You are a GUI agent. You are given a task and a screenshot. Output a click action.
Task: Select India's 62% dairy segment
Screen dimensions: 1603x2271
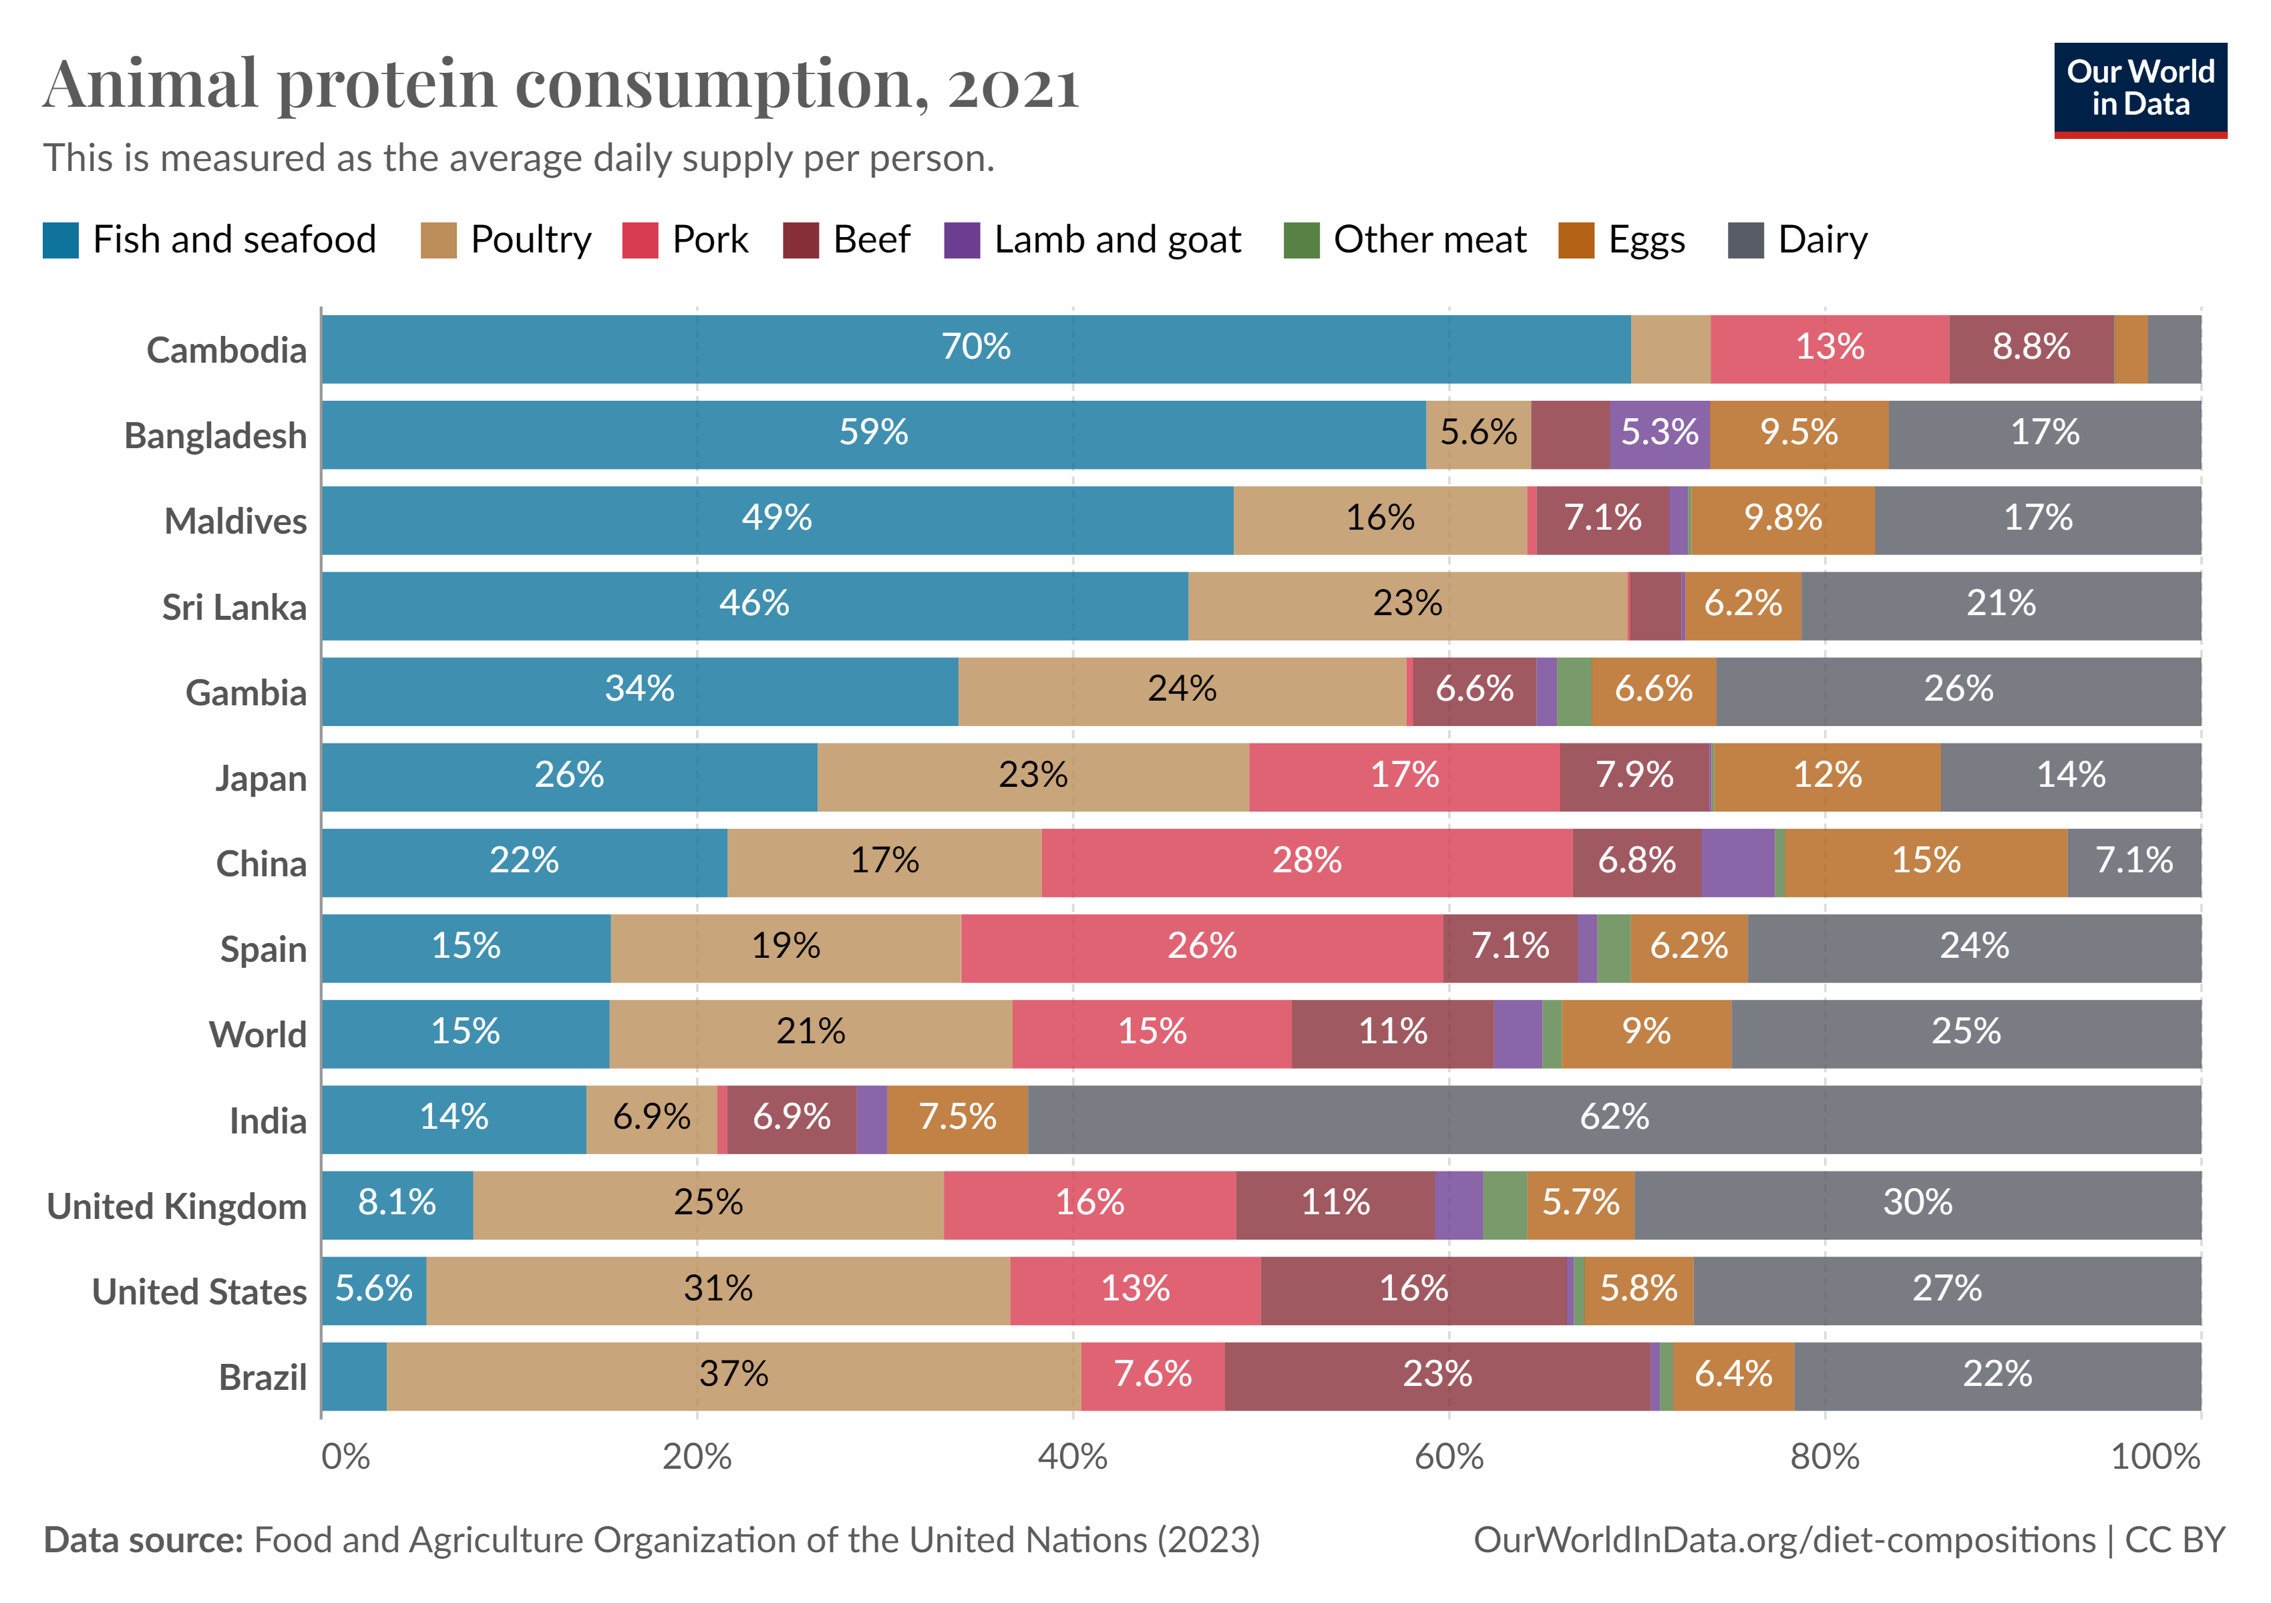coord(1614,1119)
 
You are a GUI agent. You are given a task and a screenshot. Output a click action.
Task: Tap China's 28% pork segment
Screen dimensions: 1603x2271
coord(1306,862)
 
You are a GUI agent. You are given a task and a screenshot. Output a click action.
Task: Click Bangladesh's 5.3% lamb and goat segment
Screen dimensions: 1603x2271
coord(1658,434)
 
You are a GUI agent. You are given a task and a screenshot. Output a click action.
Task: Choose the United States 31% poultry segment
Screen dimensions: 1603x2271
coord(718,1290)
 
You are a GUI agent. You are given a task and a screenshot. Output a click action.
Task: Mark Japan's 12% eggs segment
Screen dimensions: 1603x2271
coord(1827,777)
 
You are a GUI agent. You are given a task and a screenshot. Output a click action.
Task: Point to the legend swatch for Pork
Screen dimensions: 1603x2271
coord(640,240)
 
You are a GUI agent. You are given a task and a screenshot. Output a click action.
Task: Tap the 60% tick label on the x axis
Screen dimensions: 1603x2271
coord(1448,1457)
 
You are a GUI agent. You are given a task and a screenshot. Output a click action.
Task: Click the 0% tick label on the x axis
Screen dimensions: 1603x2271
coord(345,1457)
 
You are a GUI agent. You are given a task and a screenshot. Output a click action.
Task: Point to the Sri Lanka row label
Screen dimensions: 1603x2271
coord(234,606)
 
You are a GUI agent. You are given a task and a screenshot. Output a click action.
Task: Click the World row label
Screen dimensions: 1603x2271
coord(258,1035)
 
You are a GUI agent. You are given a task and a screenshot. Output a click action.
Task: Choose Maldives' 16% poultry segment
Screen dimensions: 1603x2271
coord(1380,520)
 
